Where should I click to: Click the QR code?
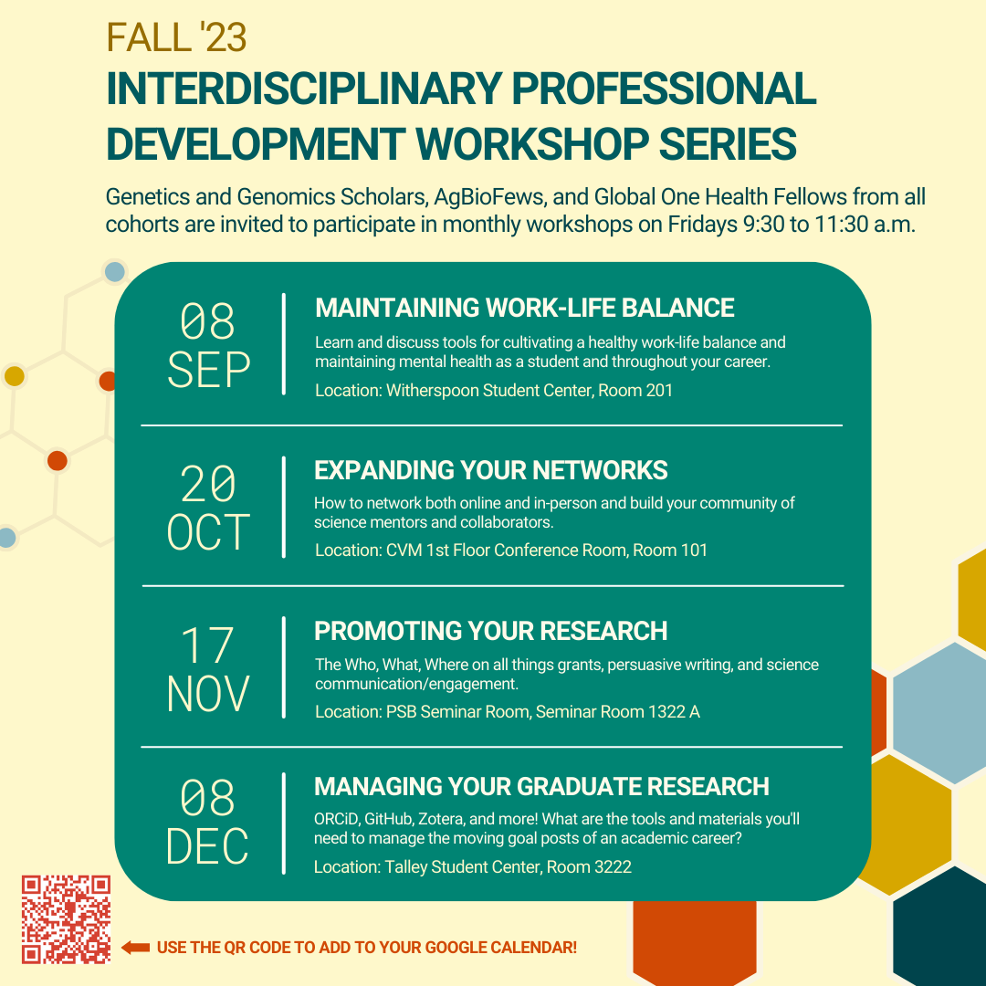pos(66,919)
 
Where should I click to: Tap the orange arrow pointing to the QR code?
pos(135,948)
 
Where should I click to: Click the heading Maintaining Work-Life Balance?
pos(524,308)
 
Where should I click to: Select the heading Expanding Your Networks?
pos(491,470)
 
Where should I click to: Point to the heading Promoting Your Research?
pos(491,631)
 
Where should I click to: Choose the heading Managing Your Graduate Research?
pos(541,786)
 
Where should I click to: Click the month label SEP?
pos(209,371)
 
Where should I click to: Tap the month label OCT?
pos(209,533)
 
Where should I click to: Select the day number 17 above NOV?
pos(209,645)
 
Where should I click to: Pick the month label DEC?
pos(209,846)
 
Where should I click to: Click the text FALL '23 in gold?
pos(176,37)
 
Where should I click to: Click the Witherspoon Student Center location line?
pos(494,391)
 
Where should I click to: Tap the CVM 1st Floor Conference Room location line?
pos(511,550)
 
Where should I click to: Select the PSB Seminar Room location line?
pos(508,711)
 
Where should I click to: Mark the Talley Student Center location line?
pos(473,866)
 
